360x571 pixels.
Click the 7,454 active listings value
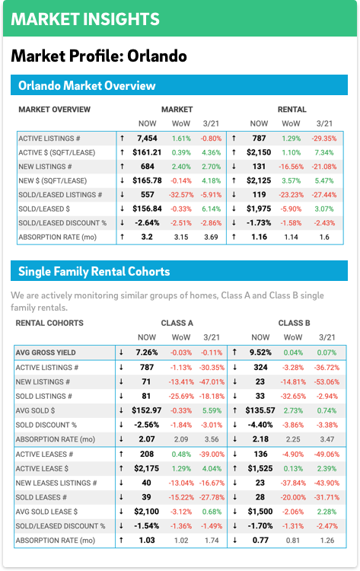[147, 139]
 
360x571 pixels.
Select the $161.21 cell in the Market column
[147, 152]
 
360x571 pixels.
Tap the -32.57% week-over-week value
[181, 195]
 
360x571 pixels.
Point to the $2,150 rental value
[259, 152]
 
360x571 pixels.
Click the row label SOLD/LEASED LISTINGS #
[60, 195]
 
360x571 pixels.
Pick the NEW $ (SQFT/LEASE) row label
[53, 180]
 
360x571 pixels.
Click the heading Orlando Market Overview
[87, 85]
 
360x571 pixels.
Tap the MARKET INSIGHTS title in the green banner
[85, 19]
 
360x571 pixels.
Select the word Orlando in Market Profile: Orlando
[157, 56]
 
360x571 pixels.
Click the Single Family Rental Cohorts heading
[94, 271]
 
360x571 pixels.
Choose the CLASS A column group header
[177, 323]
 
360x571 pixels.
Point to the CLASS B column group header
[294, 323]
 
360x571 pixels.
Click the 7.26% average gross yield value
[147, 352]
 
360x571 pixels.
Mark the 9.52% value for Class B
[260, 352]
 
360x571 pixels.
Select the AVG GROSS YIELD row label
[46, 352]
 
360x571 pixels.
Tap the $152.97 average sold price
[146, 410]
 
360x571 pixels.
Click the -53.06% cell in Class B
[327, 382]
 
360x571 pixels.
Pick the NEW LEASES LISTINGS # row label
[56, 483]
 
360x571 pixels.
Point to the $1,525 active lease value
[260, 469]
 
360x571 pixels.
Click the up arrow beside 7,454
[123, 139]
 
